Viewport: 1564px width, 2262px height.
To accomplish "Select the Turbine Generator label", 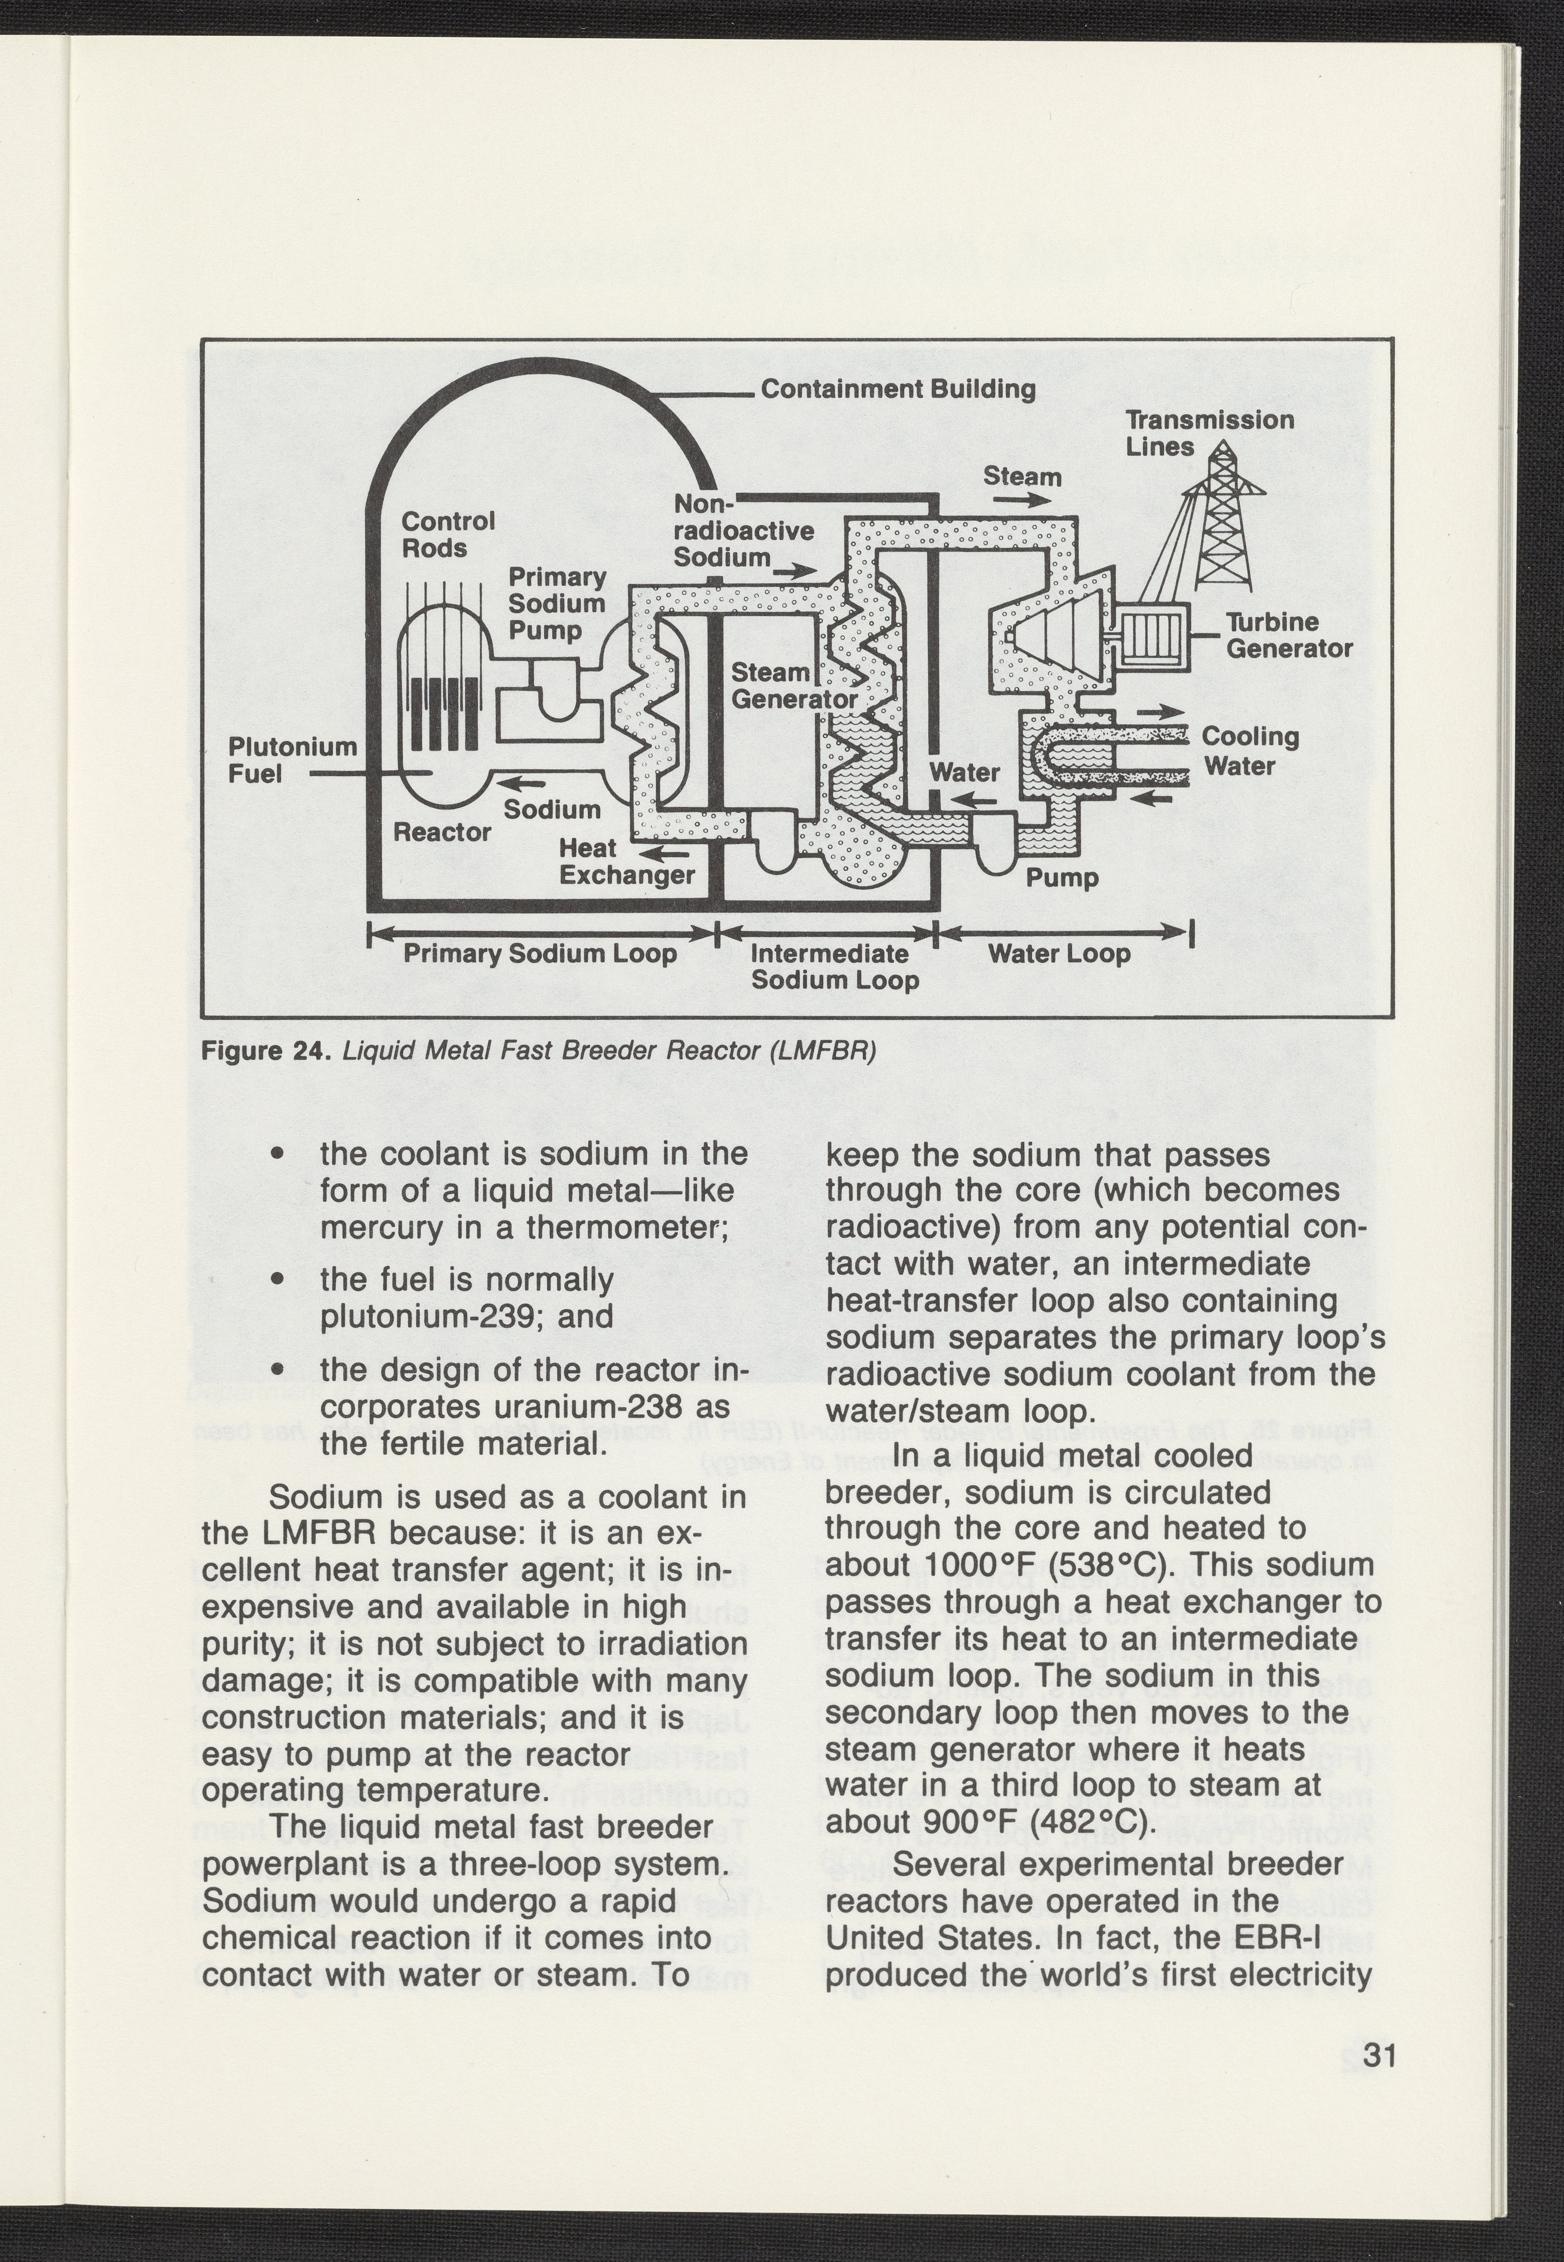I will pos(1289,636).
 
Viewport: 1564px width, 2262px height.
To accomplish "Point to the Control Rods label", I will pos(448,534).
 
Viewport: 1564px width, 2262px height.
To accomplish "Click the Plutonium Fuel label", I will pos(292,760).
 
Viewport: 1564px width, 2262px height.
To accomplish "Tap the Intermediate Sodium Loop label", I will pos(835,967).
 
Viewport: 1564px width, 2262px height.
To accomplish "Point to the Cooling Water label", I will pos(1251,750).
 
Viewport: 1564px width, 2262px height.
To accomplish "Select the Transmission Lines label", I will pos(1209,433).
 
